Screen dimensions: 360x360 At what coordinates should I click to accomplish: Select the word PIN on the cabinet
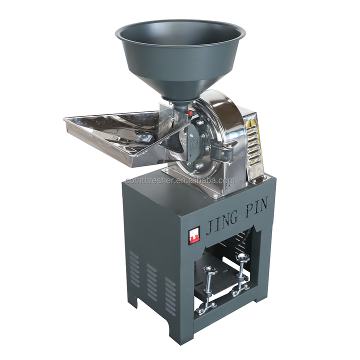[x=256, y=206]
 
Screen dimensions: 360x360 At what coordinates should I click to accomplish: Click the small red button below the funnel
[x=190, y=112]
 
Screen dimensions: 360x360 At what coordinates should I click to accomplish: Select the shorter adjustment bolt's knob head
[x=210, y=270]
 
